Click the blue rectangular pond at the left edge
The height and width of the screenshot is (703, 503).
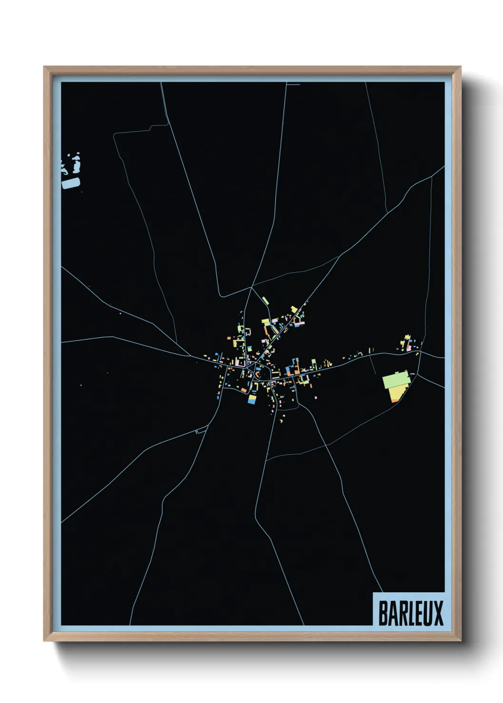tap(71, 183)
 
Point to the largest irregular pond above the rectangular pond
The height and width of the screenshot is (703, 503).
tap(77, 163)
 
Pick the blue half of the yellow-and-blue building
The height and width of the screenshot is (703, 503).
tap(251, 402)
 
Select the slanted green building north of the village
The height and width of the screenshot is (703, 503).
tap(265, 300)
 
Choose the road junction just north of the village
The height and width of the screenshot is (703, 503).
tap(251, 287)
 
